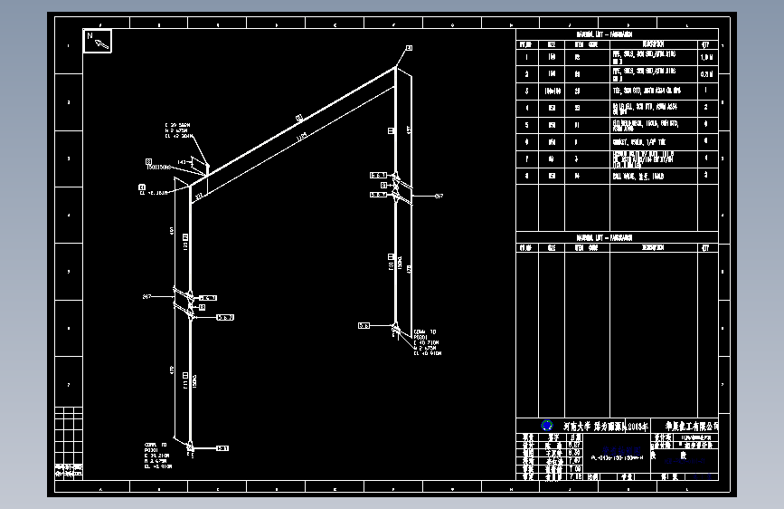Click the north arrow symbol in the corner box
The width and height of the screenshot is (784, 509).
[98, 41]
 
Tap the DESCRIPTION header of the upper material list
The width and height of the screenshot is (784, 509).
[653, 43]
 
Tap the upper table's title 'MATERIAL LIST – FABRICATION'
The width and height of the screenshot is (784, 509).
[604, 34]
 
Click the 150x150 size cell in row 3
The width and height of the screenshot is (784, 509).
[551, 91]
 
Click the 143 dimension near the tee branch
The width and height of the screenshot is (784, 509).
[183, 162]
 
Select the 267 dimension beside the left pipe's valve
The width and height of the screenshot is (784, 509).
[146, 297]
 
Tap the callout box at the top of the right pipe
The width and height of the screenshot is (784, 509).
[409, 48]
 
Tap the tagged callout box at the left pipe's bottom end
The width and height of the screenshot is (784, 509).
[223, 447]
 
